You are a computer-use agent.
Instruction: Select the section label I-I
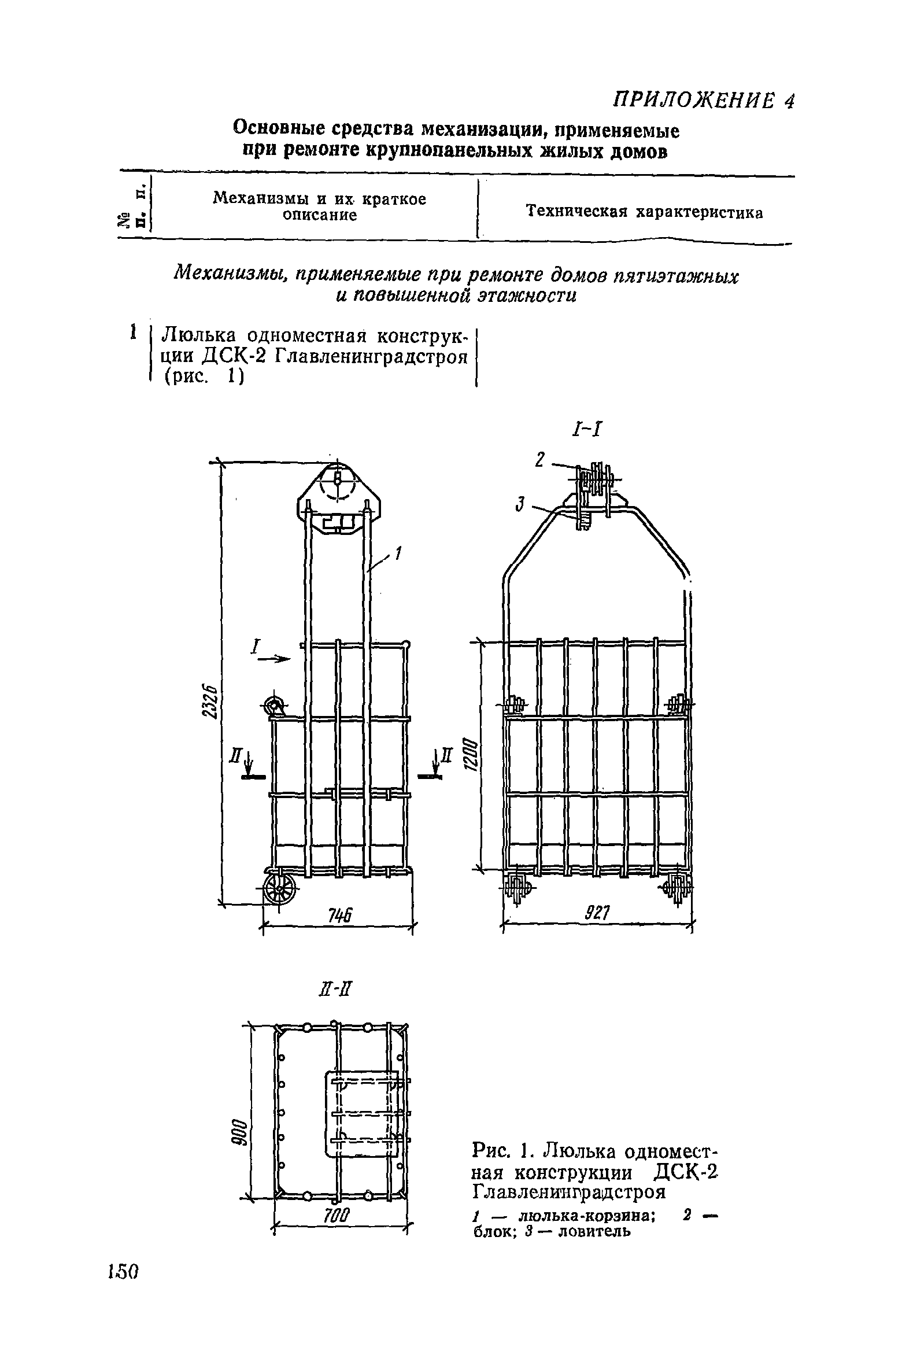point(588,429)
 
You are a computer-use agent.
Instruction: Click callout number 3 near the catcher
point(520,505)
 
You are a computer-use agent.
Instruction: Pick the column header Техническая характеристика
point(645,212)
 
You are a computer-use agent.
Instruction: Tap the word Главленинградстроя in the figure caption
point(570,1191)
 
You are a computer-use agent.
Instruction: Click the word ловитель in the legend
point(585,1231)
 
